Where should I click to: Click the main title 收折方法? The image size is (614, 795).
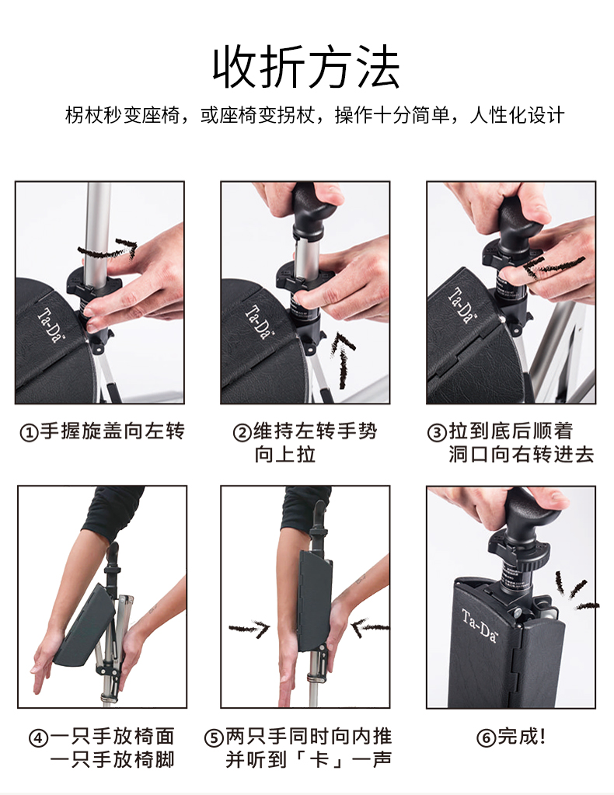click(306, 68)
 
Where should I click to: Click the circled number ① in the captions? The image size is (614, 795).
click(29, 433)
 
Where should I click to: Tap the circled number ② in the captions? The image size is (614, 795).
click(242, 433)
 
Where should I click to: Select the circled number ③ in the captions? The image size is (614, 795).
click(437, 433)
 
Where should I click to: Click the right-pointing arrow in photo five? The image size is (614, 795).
click(249, 629)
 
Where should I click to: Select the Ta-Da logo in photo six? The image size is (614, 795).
click(480, 626)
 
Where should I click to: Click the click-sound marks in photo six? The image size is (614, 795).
click(576, 591)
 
